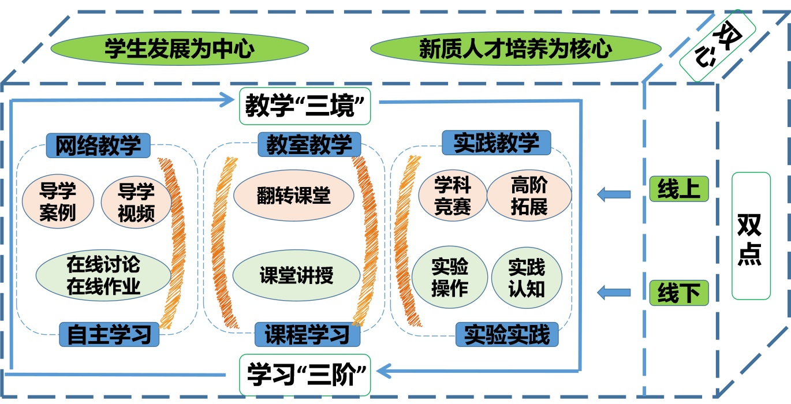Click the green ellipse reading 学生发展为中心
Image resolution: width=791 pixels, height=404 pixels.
(179, 48)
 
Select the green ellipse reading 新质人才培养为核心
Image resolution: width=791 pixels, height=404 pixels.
(515, 48)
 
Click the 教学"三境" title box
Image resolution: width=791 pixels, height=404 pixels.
(305, 106)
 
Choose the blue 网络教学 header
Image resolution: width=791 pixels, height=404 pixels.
(98, 145)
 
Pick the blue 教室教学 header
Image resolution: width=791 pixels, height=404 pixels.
(309, 144)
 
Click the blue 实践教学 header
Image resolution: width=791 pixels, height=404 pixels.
(496, 143)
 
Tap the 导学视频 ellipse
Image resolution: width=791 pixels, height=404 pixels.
(136, 203)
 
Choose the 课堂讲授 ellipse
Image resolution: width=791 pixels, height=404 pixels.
(296, 275)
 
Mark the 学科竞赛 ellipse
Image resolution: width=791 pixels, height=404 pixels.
(453, 195)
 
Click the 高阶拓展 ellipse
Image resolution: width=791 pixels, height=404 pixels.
(529, 195)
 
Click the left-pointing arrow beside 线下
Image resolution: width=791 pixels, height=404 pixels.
(615, 292)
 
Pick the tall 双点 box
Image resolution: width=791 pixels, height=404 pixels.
(751, 236)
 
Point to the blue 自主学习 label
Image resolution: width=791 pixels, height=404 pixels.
(109, 335)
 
